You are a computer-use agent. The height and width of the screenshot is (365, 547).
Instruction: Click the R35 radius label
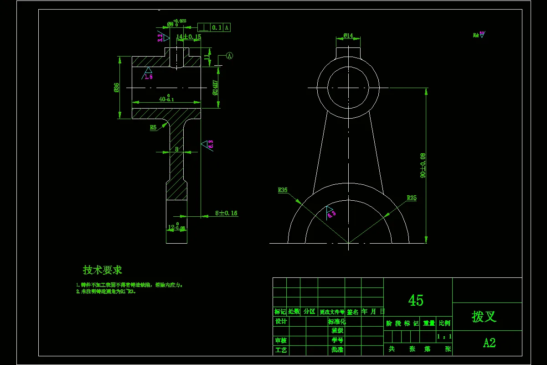pyautogui.click(x=283, y=190)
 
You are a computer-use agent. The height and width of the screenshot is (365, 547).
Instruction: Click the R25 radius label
pyautogui.click(x=412, y=198)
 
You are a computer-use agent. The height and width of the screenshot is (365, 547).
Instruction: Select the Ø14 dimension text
pyautogui.click(x=348, y=35)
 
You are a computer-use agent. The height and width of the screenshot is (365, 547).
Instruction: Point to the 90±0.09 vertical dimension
pyautogui.click(x=423, y=166)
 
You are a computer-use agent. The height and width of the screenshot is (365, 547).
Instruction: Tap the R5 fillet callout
pyautogui.click(x=153, y=128)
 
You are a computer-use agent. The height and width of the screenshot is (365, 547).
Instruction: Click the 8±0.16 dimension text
pyautogui.click(x=226, y=213)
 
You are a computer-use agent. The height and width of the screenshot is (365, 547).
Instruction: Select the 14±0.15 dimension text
pyautogui.click(x=189, y=36)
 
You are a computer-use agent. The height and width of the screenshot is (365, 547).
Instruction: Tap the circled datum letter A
pyautogui.click(x=229, y=56)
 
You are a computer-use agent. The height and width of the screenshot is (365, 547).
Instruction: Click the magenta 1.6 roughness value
pyautogui.click(x=149, y=77)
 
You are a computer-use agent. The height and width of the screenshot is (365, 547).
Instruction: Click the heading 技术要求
pyautogui.click(x=103, y=270)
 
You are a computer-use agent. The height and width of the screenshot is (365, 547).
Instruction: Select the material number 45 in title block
pyautogui.click(x=416, y=300)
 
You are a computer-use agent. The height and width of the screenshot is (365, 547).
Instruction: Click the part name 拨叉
pyautogui.click(x=484, y=316)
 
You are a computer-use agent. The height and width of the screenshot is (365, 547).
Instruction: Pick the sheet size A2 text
pyautogui.click(x=489, y=343)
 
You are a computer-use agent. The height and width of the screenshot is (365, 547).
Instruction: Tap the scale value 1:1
pyautogui.click(x=444, y=337)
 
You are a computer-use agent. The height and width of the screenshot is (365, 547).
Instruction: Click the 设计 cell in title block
pyautogui.click(x=281, y=321)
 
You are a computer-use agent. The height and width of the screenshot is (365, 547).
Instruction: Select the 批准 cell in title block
pyautogui.click(x=337, y=350)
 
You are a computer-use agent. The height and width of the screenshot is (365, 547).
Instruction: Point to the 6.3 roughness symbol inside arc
pyautogui.click(x=331, y=213)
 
